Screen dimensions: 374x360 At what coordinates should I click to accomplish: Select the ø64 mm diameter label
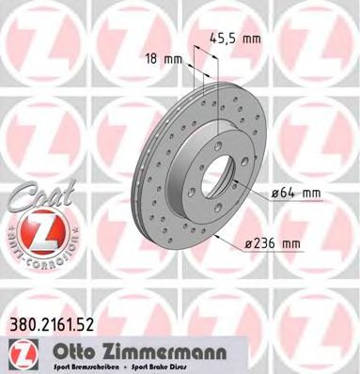pyautogui.click(x=296, y=195)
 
